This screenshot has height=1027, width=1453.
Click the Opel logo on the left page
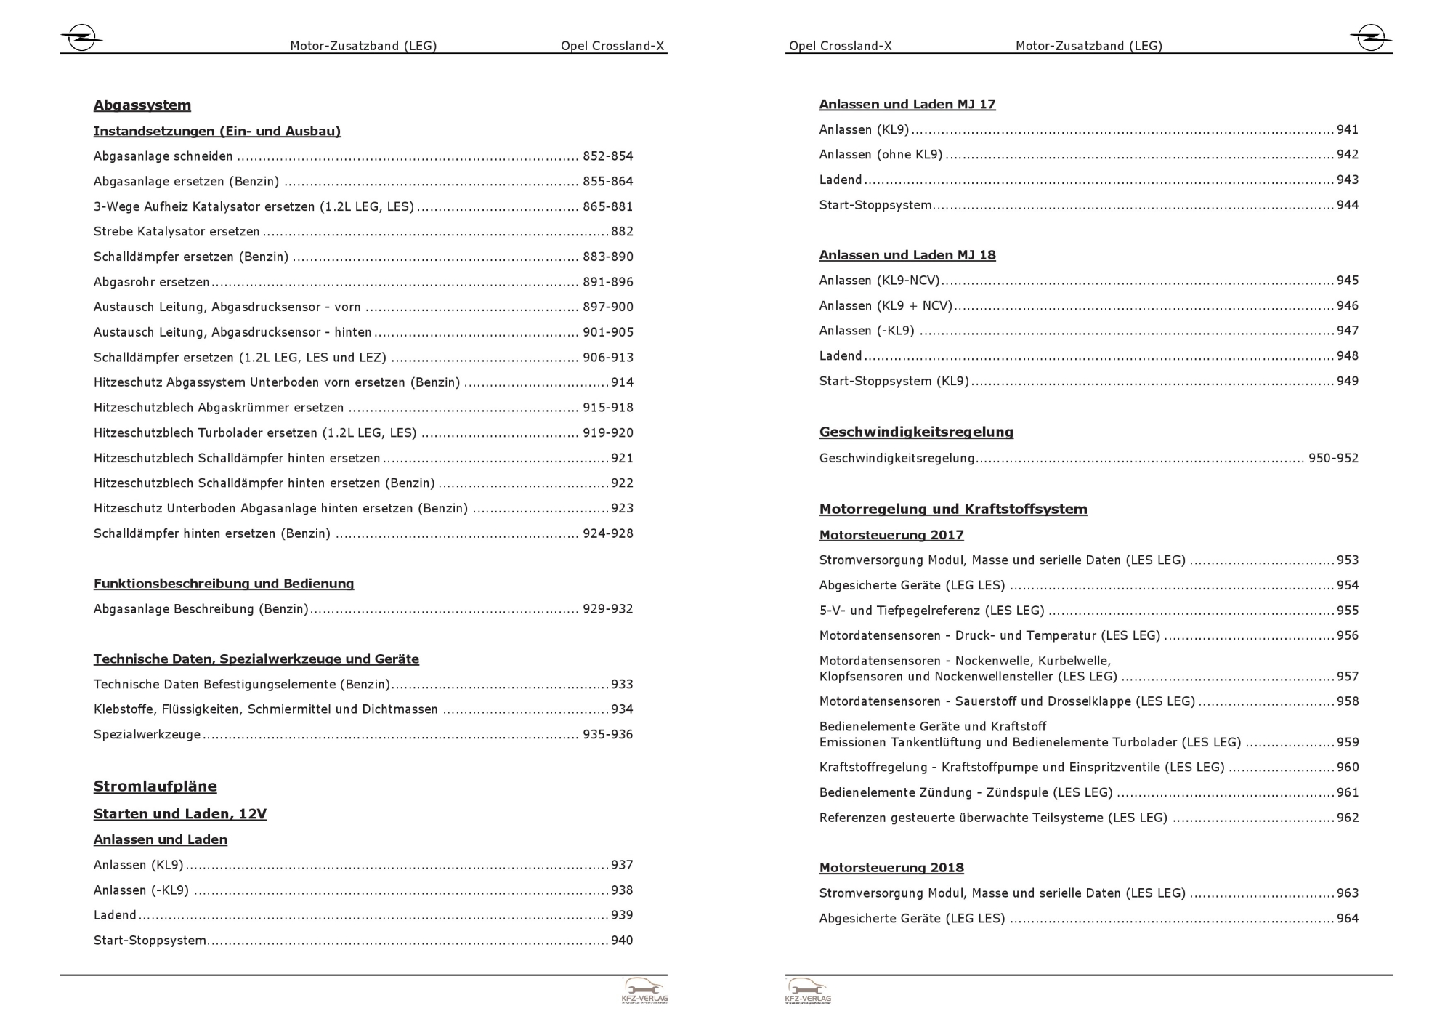(81, 38)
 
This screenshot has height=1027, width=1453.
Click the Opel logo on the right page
(1370, 38)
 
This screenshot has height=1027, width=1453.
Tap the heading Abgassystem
(142, 105)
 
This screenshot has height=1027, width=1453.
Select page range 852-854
(607, 156)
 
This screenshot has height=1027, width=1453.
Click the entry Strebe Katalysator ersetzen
(177, 232)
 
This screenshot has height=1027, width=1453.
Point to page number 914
(622, 382)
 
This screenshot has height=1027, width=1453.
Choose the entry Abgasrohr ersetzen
(151, 282)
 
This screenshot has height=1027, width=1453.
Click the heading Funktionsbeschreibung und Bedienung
(224, 584)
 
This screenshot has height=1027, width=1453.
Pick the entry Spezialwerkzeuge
(147, 734)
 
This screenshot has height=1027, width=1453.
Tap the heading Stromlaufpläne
(155, 786)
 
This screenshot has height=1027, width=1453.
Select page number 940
(622, 941)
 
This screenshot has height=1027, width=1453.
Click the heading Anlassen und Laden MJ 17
(907, 105)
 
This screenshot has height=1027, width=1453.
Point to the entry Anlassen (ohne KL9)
(881, 155)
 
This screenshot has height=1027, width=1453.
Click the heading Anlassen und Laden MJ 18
(907, 255)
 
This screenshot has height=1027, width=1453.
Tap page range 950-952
(1333, 458)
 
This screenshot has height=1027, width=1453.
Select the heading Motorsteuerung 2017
(891, 535)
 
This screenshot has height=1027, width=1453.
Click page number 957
(1348, 677)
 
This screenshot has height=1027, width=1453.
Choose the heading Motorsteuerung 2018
(891, 868)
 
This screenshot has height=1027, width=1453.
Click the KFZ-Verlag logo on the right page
(808, 991)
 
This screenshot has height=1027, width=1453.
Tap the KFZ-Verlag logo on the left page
(644, 991)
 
